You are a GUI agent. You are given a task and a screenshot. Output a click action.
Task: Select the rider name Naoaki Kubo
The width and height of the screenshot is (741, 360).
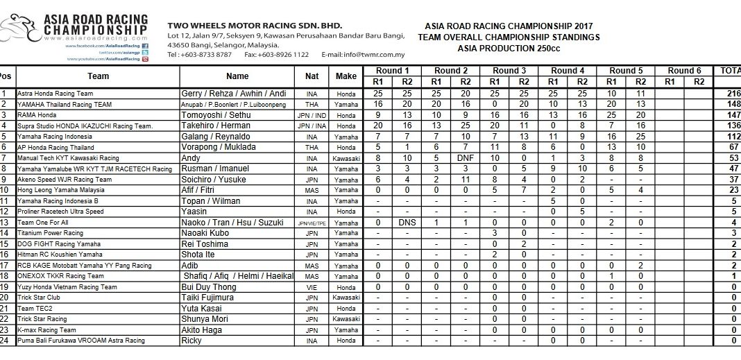tap(205, 232)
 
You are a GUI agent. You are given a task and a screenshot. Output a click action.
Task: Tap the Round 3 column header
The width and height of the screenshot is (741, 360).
tap(509, 71)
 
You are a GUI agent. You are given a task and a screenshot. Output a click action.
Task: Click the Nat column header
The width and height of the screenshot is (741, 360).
tap(312, 76)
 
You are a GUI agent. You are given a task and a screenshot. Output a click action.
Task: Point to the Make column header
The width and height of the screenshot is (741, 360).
tap(346, 76)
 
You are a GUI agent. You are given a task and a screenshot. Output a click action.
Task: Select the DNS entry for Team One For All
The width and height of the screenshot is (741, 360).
tap(407, 222)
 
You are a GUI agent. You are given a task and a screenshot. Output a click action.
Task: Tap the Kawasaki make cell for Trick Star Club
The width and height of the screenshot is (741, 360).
tap(346, 297)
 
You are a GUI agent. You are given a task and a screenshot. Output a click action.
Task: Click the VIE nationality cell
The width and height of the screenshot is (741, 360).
tap(312, 286)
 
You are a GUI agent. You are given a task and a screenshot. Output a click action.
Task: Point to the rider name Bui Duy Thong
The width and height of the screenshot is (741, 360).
tap(210, 286)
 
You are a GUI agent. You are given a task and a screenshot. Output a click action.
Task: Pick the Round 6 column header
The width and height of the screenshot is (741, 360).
tap(684, 71)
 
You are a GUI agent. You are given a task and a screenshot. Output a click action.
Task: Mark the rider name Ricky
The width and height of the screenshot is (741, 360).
tap(192, 340)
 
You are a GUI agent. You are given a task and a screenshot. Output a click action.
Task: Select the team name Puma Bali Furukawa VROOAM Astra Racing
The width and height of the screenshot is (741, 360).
tap(81, 341)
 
